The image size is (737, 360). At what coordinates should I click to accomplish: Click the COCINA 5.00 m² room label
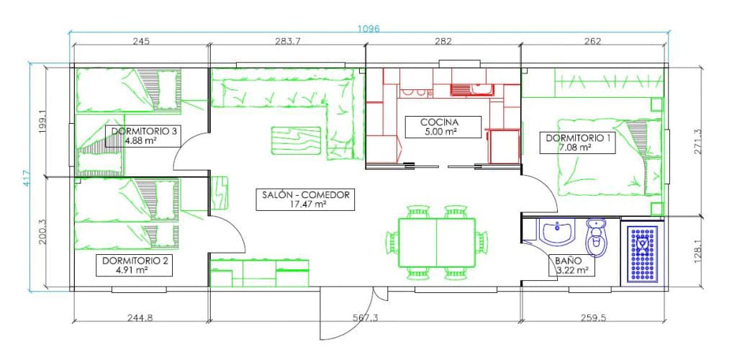coord(443,127)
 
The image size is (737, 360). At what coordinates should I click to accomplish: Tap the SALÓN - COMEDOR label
coord(305,199)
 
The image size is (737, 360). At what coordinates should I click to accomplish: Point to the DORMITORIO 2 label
coord(134,265)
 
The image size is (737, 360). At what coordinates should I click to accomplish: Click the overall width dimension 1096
coord(368,29)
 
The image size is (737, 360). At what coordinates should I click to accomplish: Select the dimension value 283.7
coord(287,41)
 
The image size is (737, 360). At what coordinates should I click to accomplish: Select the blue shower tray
coord(643,253)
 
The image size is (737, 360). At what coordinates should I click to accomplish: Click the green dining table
coord(437,243)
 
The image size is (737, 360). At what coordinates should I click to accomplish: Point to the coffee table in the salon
coord(296,140)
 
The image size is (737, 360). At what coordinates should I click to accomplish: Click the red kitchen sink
coord(471,89)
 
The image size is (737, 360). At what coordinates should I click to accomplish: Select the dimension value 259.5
coord(592,318)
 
